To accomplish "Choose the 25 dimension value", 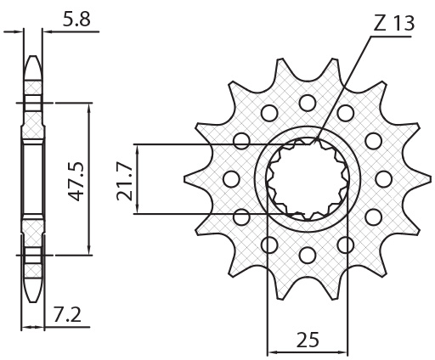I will pos(308,340).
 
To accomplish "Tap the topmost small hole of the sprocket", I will pos(307,102).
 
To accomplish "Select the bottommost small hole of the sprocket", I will pos(307,254).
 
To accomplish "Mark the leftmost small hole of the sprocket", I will pos(229,178).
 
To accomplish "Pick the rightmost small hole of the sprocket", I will pos(383,178).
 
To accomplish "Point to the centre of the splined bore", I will pos(307,178).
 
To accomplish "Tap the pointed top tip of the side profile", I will pos(31,57).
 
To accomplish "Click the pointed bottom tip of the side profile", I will pos(31,299).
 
